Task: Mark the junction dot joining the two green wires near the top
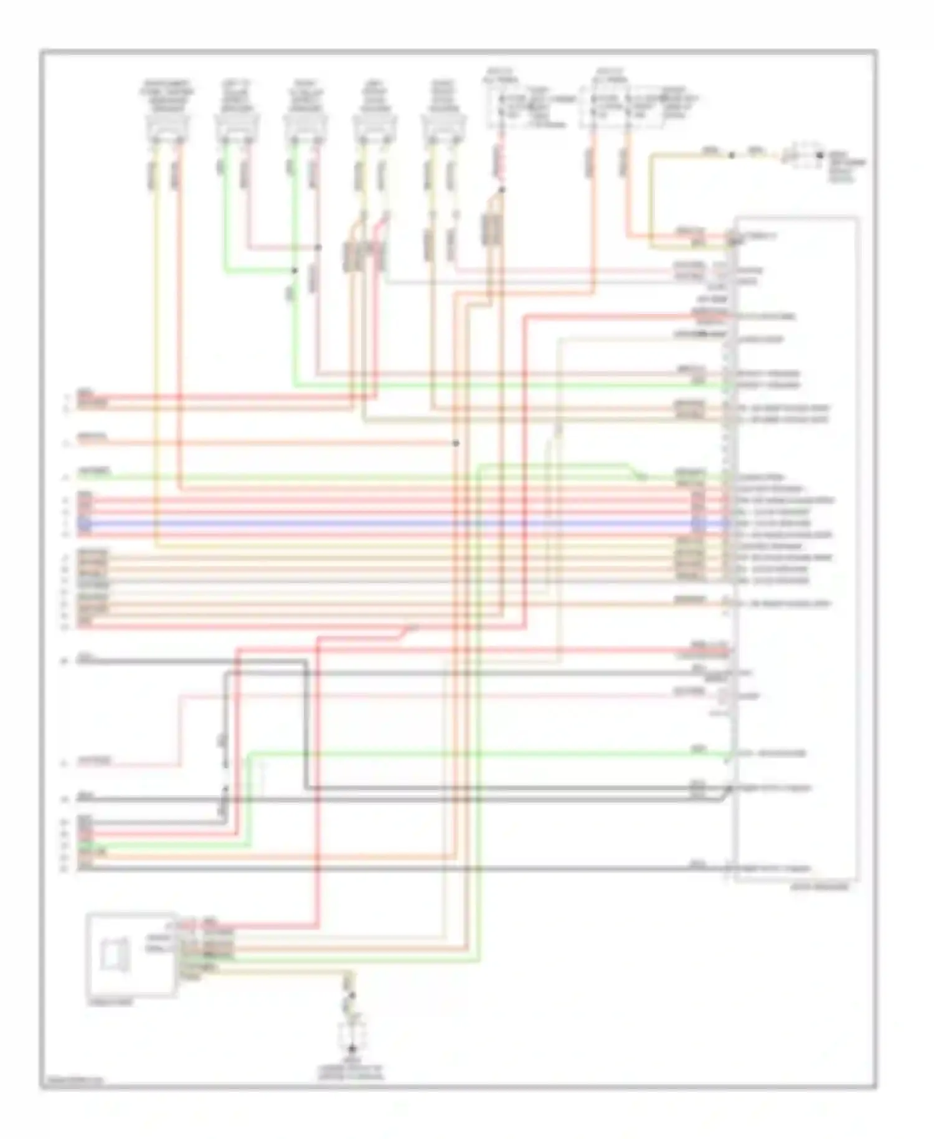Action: point(295,270)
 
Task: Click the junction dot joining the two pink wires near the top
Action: point(318,247)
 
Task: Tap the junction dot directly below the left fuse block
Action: point(502,189)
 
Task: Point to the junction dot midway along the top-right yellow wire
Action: point(732,155)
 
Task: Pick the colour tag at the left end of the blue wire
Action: point(85,523)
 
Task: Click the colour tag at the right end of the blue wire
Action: point(698,523)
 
